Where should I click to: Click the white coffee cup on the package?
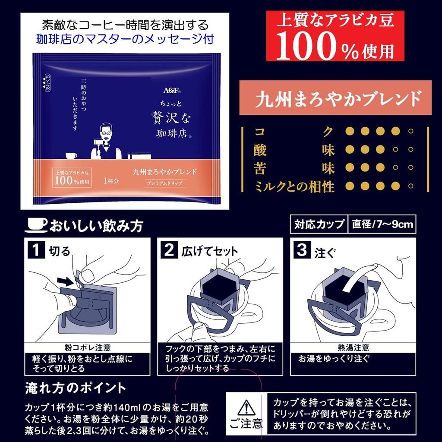71,155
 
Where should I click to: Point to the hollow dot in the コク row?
410,131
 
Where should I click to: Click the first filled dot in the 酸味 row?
350,149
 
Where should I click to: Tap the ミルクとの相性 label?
294,186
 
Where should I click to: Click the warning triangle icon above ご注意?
245,407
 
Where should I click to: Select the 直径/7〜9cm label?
382,224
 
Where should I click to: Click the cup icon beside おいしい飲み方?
37,224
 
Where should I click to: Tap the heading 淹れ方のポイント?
76,388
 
